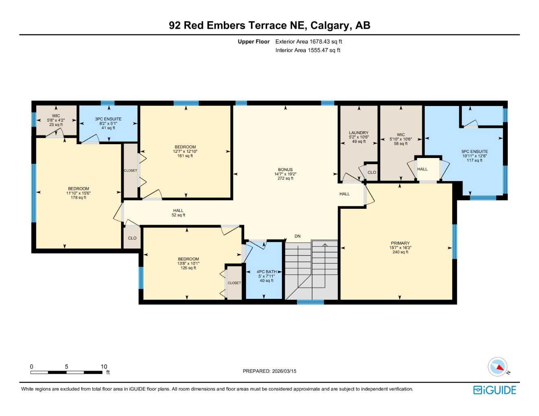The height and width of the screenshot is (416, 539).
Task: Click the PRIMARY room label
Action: pyautogui.click(x=400, y=243)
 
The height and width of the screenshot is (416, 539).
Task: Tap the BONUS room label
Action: pyautogui.click(x=285, y=170)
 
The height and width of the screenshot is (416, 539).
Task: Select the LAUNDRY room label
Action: pyautogui.click(x=358, y=133)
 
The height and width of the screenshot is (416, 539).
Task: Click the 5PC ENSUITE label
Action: pyautogui.click(x=474, y=152)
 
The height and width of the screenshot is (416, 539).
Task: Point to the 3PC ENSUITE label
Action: pyautogui.click(x=108, y=119)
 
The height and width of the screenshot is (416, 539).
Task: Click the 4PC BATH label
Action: pyautogui.click(x=266, y=272)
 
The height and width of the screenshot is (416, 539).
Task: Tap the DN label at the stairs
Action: pyautogui.click(x=297, y=236)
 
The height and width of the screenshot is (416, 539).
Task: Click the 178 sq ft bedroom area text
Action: pyautogui.click(x=79, y=198)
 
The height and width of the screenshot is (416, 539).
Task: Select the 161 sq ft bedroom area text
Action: pyautogui.click(x=185, y=156)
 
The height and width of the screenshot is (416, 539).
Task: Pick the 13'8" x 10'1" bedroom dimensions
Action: pyautogui.click(x=188, y=264)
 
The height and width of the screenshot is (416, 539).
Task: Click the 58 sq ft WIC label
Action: pyautogui.click(x=401, y=144)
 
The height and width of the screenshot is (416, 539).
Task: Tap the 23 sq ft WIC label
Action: pyautogui.click(x=56, y=125)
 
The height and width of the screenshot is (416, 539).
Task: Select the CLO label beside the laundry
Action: pyautogui.click(x=372, y=172)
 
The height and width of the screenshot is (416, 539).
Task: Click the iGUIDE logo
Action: pyautogui.click(x=495, y=390)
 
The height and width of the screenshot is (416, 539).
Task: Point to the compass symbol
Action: pyautogui.click(x=498, y=367)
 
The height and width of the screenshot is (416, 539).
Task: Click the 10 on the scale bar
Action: pyautogui.click(x=104, y=366)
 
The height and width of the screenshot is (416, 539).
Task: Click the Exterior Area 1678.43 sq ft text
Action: pyautogui.click(x=309, y=41)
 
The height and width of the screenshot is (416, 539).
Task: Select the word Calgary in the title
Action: pyautogui.click(x=330, y=26)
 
